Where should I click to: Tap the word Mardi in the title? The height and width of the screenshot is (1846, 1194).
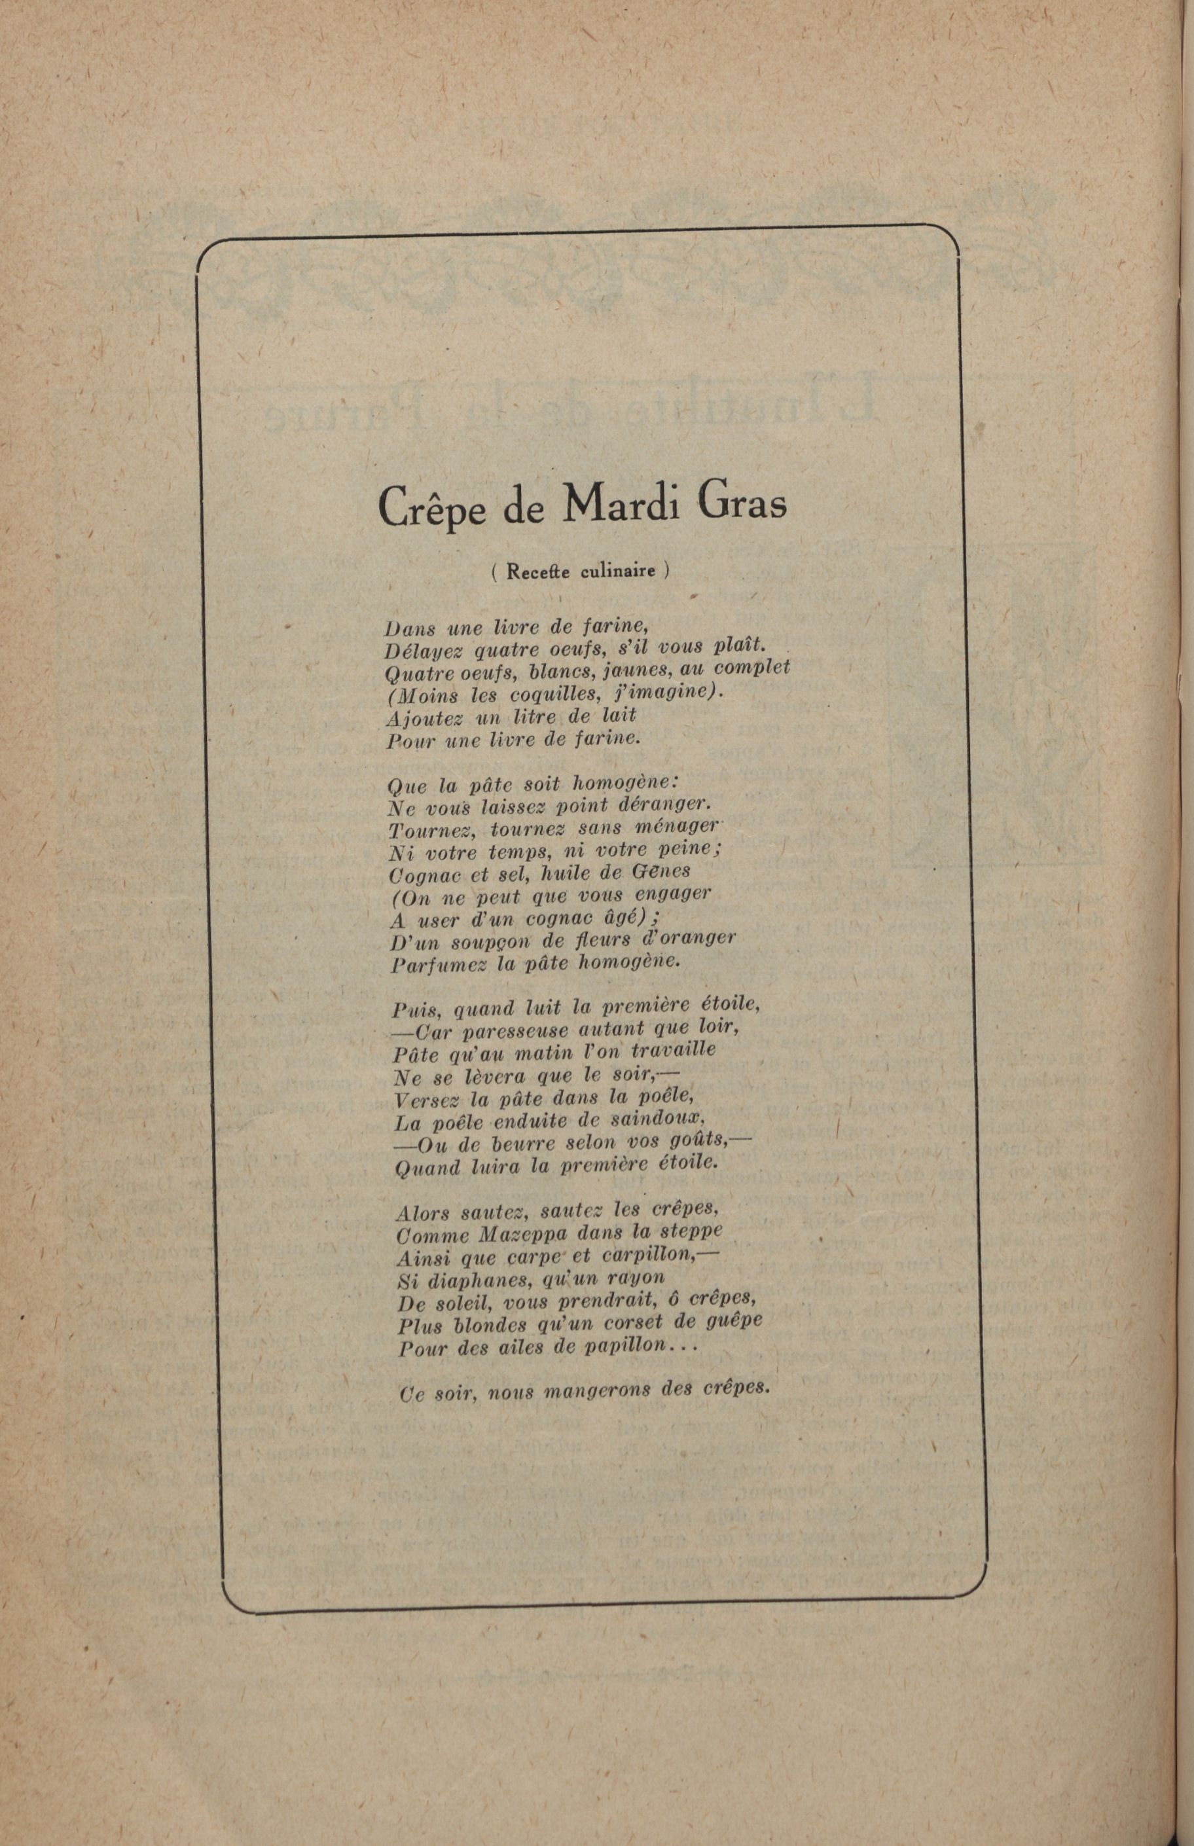click(x=626, y=504)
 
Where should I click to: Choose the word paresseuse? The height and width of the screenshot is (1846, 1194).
click(x=513, y=1032)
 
